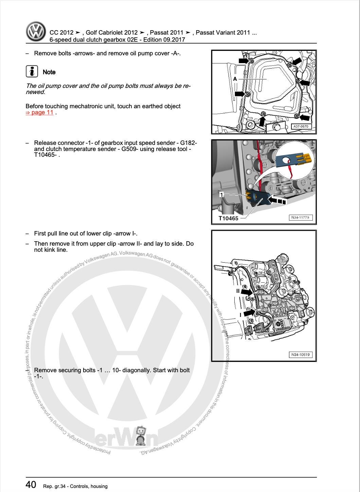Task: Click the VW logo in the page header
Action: pyautogui.click(x=36, y=32)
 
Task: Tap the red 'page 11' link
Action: pyautogui.click(x=40, y=113)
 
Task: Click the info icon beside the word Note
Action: pyautogui.click(x=32, y=72)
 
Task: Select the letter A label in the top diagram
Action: pyautogui.click(x=235, y=79)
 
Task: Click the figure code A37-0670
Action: pyautogui.click(x=301, y=127)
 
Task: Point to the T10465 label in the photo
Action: pyautogui.click(x=228, y=219)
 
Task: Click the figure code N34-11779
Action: pyautogui.click(x=301, y=217)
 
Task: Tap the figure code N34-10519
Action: pyautogui.click(x=301, y=355)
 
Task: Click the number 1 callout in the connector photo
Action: pyautogui.click(x=221, y=194)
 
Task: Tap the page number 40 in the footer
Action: pyautogui.click(x=31, y=485)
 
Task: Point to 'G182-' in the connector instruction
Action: pyautogui.click(x=189, y=143)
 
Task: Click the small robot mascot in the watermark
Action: pyautogui.click(x=141, y=436)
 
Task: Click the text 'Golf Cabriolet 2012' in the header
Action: pyautogui.click(x=112, y=33)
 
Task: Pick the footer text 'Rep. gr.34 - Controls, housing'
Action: pyautogui.click(x=75, y=486)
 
